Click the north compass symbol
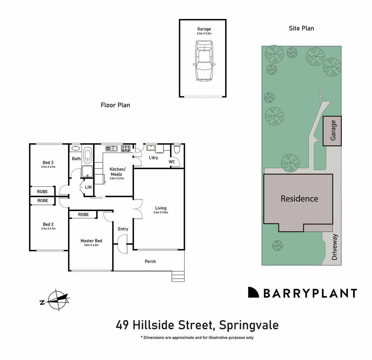tap(56, 300)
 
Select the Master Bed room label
tap(91, 241)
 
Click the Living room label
tap(161, 208)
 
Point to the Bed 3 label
tap(48, 162)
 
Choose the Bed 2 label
tap(48, 224)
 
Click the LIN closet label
tap(88, 187)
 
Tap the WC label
tap(172, 162)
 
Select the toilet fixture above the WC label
tap(177, 149)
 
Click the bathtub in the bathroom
tap(88, 155)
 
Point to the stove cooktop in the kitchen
tap(126, 148)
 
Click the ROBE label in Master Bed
tap(83, 215)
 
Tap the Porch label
tap(150, 261)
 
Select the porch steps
tap(178, 277)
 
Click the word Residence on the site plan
tap(299, 199)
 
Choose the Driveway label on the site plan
tap(335, 247)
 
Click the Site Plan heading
tap(301, 28)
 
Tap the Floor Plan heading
tap(115, 105)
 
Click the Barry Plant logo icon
tap(253, 292)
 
